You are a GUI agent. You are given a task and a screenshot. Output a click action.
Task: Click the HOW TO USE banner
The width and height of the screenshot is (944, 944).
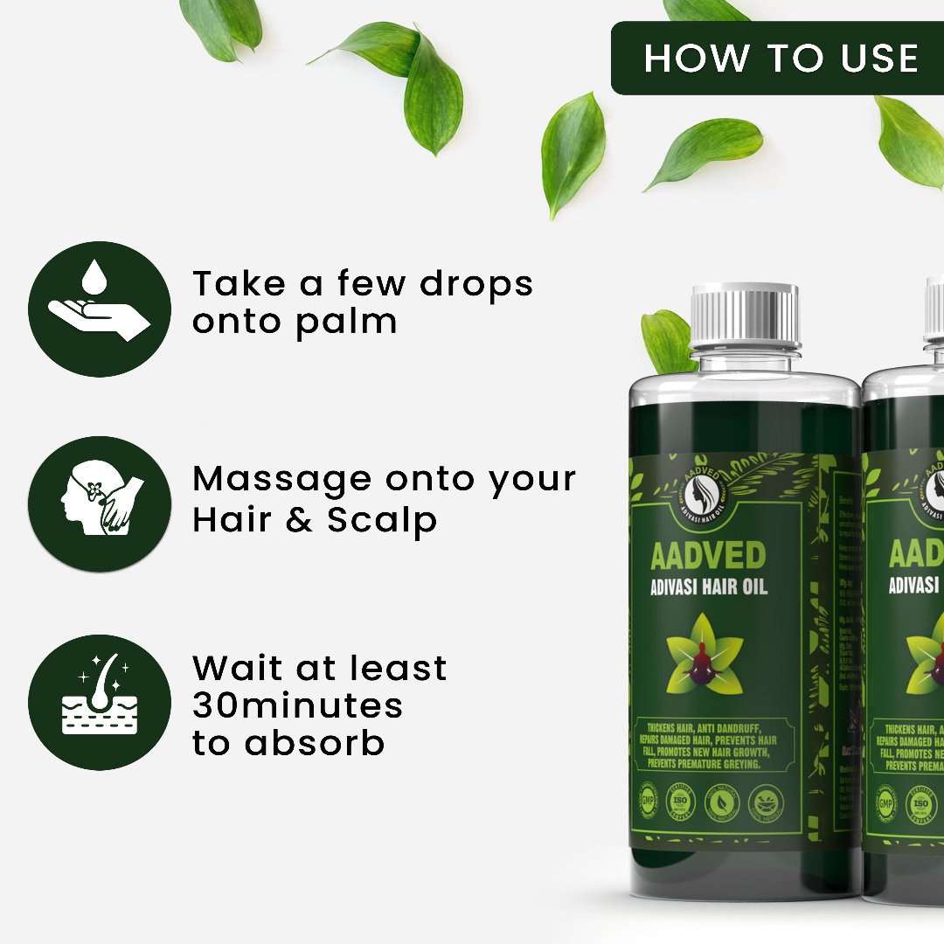(780, 59)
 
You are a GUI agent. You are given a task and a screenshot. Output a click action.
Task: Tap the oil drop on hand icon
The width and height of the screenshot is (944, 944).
(100, 309)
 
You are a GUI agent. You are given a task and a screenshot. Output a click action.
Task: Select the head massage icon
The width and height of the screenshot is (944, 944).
(100, 504)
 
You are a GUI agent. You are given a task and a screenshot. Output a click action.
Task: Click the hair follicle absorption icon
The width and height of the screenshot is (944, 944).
(100, 702)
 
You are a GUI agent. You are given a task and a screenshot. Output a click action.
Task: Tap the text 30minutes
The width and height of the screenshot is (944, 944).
(297, 705)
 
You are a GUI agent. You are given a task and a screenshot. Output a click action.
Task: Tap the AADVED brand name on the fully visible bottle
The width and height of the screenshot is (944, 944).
(708, 555)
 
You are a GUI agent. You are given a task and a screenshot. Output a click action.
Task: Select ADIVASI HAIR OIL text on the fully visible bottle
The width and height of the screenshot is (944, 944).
(708, 586)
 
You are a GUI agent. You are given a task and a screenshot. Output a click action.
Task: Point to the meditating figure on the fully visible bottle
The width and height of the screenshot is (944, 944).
(705, 652)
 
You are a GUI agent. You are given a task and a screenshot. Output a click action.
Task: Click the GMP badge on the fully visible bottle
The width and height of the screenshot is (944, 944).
(647, 802)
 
